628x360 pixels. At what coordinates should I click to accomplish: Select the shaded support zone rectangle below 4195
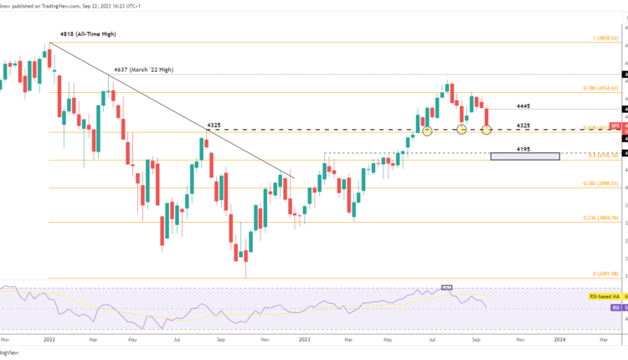(x=525, y=157)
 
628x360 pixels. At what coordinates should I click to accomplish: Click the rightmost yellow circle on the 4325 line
(x=487, y=130)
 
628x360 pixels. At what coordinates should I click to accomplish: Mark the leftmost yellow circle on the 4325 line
(x=427, y=130)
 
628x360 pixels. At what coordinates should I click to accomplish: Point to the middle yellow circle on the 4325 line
(x=461, y=129)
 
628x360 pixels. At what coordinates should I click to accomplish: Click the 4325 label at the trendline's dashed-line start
(x=215, y=125)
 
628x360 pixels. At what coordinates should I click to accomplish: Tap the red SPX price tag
(x=615, y=124)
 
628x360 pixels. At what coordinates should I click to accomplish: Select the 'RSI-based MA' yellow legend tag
(x=605, y=296)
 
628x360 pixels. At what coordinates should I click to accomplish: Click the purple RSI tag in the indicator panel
(x=616, y=308)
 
